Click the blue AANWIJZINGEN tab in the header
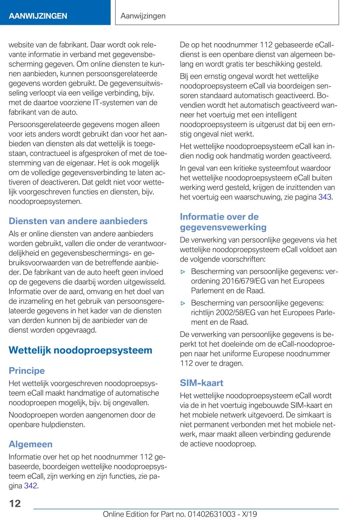pos(38,16)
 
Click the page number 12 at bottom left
pos(15,503)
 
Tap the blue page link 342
pos(31,485)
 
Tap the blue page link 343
pos(325,197)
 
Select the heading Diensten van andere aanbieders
pos(78,221)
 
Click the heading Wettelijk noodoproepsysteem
pos(80,350)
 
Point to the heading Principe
pos(26,370)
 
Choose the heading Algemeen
pos(30,444)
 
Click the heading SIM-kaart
pos(201,383)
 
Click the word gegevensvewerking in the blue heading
pos(223,227)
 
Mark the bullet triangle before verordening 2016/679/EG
pos(183,272)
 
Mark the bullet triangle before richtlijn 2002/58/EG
pos(183,303)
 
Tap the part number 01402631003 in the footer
pos(211,514)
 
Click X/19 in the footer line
pos(249,514)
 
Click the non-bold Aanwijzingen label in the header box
pos(143,16)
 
